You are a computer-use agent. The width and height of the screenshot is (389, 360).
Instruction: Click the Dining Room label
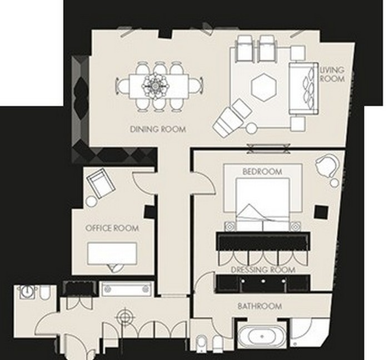pos(158,129)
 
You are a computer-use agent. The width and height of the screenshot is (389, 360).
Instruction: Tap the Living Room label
pos(332,74)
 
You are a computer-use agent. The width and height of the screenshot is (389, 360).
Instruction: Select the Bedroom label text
pos(262,172)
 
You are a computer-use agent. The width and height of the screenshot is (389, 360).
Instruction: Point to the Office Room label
pos(112,228)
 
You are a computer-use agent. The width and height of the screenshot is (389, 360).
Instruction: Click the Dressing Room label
pos(263,269)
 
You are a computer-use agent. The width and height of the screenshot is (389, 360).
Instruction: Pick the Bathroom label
pos(260,306)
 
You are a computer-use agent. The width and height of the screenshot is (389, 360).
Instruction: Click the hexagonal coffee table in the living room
pos(263,87)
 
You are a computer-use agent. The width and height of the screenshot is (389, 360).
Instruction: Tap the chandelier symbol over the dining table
pos(155,86)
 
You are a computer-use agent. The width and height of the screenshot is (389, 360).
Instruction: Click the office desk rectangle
pos(112,253)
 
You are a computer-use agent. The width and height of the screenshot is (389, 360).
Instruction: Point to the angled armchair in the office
pos(101,183)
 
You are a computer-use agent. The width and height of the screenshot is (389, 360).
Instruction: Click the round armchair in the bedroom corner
pos(327,166)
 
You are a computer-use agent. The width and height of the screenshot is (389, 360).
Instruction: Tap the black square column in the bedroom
pos(321,212)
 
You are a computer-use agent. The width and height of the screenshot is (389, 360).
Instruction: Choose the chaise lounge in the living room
pos(232,117)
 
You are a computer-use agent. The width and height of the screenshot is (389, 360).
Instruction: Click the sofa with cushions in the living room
pos(303,88)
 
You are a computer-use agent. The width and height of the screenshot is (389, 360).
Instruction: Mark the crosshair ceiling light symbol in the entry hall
pos(125,317)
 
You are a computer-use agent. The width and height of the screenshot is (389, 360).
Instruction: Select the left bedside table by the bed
pos(230,226)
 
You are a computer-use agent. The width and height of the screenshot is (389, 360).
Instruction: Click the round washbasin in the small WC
pos(26,292)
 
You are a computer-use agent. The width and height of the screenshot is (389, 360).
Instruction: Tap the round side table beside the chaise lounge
pos(251,128)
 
